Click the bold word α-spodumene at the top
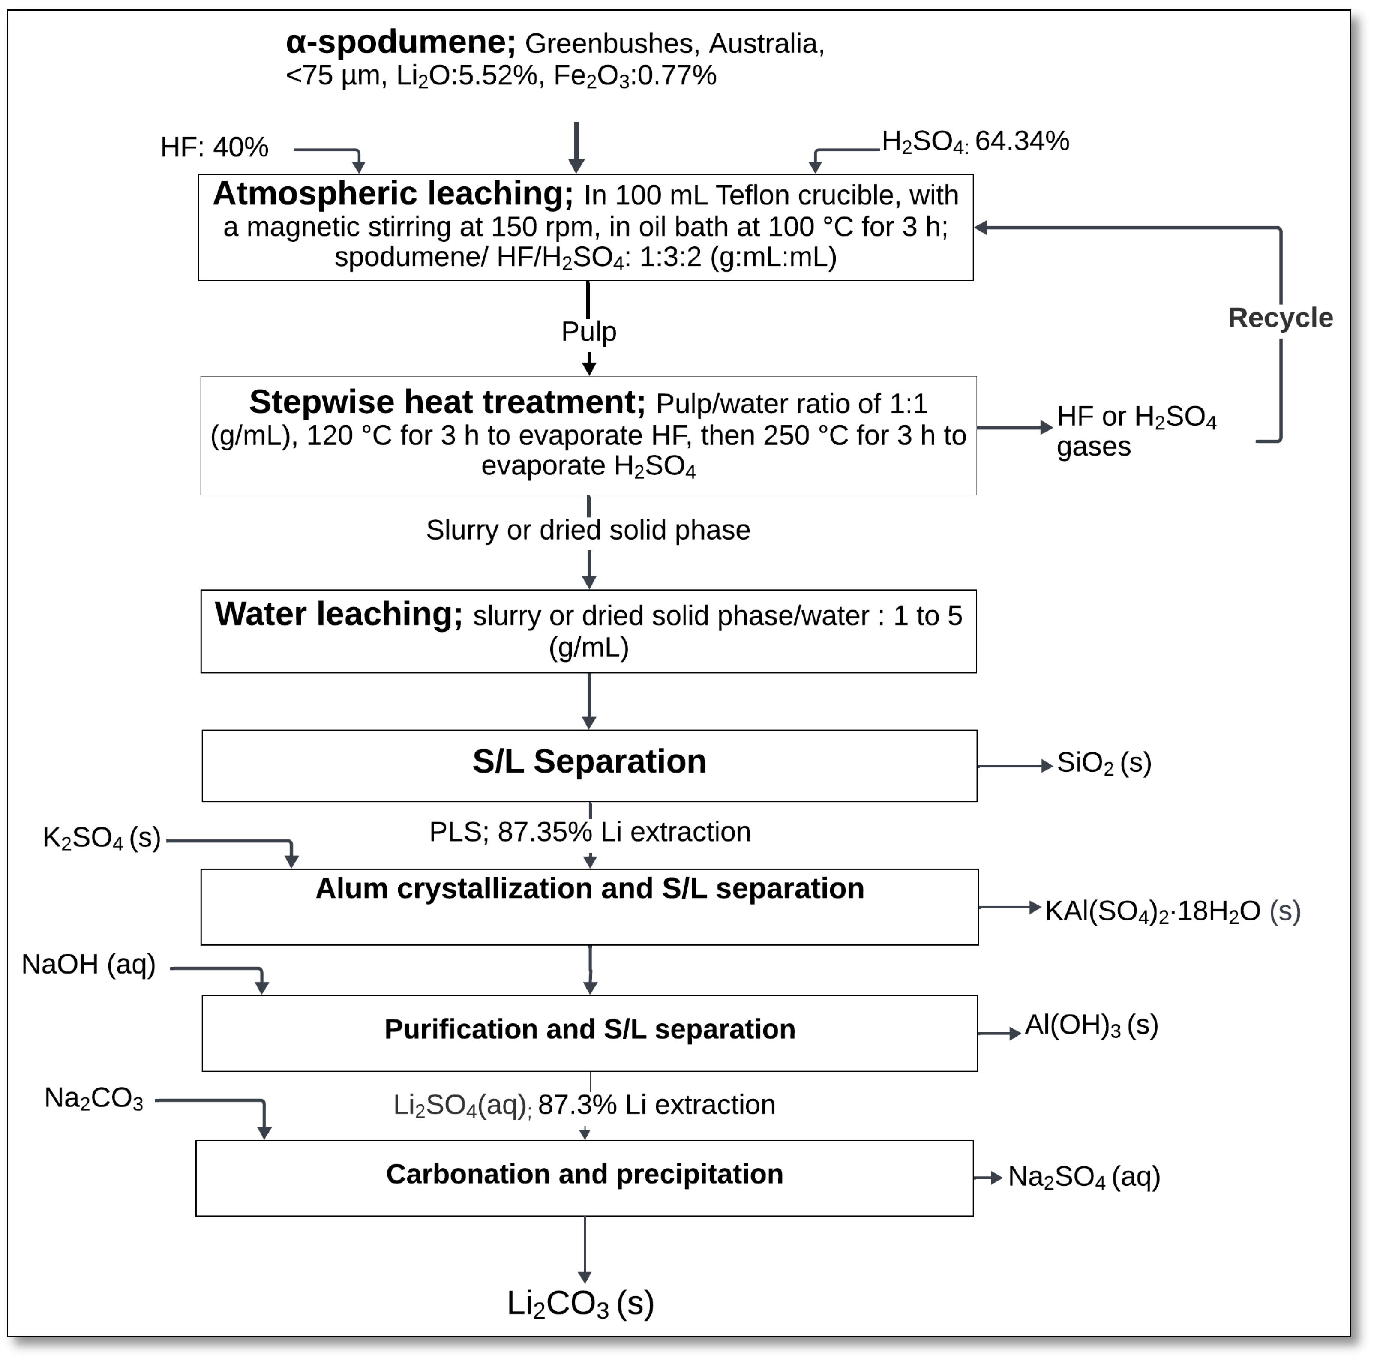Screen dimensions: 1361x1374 [400, 43]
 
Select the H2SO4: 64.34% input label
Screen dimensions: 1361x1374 [975, 141]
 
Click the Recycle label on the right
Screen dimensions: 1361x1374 [1280, 318]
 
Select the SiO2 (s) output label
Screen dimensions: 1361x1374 [1104, 763]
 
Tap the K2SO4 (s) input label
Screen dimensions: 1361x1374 [102, 838]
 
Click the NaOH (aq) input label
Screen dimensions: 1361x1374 [89, 965]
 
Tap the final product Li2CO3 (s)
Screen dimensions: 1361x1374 [580, 1304]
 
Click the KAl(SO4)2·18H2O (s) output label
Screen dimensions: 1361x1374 [1172, 911]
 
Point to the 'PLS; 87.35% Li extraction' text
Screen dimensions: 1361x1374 [590, 832]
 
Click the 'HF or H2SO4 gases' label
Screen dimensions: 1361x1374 [1136, 432]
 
